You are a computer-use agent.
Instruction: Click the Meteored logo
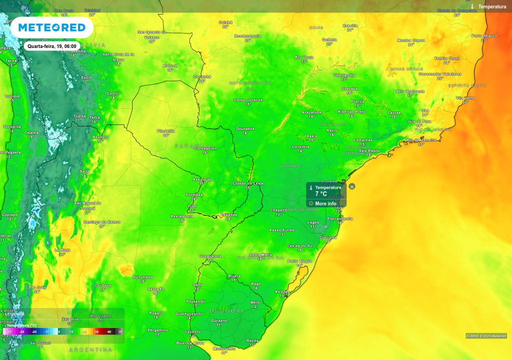click(51, 27)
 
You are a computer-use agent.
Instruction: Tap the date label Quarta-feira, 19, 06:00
click(52, 46)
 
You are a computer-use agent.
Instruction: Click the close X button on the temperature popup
click(352, 186)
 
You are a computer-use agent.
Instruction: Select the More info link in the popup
click(325, 203)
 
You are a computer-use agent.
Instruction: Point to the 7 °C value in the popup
click(321, 194)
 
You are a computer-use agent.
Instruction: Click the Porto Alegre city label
click(299, 260)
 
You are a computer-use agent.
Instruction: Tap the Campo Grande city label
click(248, 100)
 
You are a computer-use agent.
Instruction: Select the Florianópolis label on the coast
click(340, 218)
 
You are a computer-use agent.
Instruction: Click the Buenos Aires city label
click(190, 343)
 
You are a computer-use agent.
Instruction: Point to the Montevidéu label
click(223, 348)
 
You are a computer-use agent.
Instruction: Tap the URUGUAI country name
click(226, 310)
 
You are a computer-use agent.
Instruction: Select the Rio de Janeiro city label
click(421, 140)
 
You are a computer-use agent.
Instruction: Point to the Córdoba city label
click(102, 285)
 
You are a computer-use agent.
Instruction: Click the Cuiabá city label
click(225, 22)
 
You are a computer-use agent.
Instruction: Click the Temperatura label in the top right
click(492, 6)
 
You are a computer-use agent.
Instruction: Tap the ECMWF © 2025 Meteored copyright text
click(486, 336)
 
